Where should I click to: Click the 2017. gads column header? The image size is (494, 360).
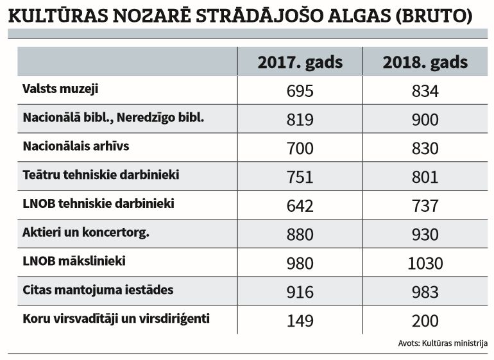click(x=300, y=62)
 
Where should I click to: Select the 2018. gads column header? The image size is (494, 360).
click(x=425, y=62)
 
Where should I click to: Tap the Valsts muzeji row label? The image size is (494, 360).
click(x=60, y=89)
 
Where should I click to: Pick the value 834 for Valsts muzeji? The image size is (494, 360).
click(x=425, y=91)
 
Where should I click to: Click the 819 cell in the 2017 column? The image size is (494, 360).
click(x=300, y=120)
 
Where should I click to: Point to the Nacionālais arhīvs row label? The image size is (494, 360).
click(x=76, y=146)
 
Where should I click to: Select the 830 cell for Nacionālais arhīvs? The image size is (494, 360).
click(x=425, y=149)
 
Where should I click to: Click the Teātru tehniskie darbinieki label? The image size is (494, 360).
click(x=101, y=175)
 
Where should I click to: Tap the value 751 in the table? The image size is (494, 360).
click(x=300, y=177)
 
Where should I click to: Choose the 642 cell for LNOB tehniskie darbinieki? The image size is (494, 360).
click(x=300, y=206)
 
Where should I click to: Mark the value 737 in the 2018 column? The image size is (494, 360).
click(x=425, y=206)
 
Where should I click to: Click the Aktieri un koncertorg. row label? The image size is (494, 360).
click(x=86, y=232)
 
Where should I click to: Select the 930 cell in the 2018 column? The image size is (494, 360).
click(x=425, y=235)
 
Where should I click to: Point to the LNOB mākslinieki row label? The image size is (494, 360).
click(x=74, y=261)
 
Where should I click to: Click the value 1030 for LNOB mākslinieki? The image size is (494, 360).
click(x=425, y=264)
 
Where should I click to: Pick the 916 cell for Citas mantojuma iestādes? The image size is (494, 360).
click(x=300, y=293)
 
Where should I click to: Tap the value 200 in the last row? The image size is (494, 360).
click(x=425, y=321)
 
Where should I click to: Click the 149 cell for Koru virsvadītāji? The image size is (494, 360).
click(x=300, y=321)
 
